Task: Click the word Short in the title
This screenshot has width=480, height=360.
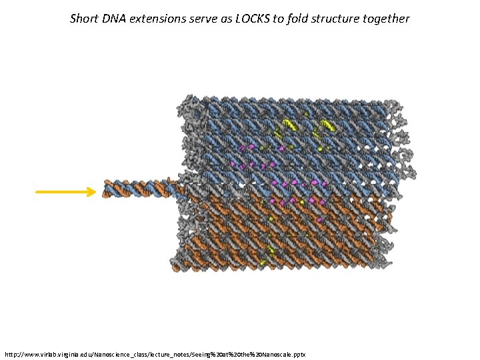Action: pyautogui.click(x=85, y=19)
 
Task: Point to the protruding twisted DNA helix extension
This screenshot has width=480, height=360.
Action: pyautogui.click(x=137, y=189)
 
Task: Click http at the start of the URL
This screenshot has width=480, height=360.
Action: pyautogui.click(x=12, y=352)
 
